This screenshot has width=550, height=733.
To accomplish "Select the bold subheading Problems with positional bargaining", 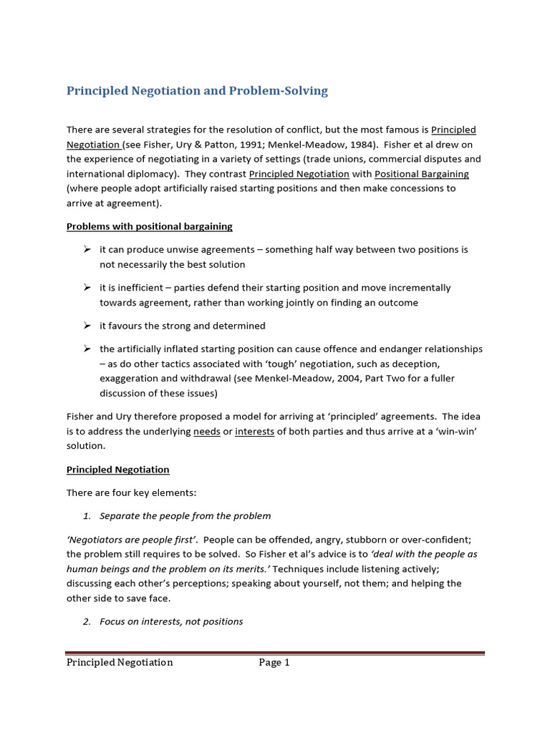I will point(149,226).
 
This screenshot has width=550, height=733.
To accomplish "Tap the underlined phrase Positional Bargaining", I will point(421,174).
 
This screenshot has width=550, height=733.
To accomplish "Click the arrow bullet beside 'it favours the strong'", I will point(86,326).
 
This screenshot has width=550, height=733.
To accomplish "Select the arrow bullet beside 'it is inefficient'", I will point(86,287).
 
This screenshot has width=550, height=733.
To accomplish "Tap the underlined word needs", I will point(206,432).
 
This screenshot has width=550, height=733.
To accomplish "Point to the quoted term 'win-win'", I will point(456,432).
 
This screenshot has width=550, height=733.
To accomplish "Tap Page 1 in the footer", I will point(274,663).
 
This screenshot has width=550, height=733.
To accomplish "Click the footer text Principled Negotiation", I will point(120,663).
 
